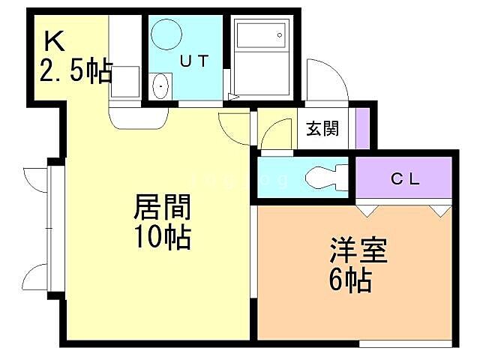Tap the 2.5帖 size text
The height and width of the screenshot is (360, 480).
pos(75,72)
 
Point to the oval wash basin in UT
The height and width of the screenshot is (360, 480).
pos(161,87)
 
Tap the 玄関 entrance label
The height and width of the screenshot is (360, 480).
pos(322,128)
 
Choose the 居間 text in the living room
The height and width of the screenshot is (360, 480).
pos(162,206)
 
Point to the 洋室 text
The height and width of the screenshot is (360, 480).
pos(358,250)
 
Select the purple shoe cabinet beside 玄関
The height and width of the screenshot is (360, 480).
pos(362,127)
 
